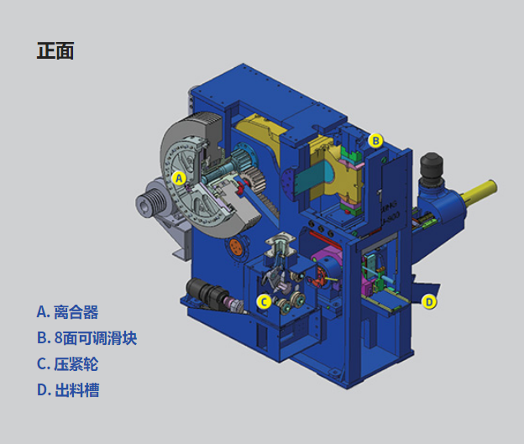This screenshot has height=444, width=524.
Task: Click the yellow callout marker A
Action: pos(179,179)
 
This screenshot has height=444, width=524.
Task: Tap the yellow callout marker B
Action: pos(375,141)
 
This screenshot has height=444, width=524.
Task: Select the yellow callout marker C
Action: pos(264,302)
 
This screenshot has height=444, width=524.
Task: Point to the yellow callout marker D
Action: pos(429,302)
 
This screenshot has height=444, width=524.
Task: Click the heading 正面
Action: pos(55,51)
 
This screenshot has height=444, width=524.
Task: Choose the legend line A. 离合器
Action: pos(67,312)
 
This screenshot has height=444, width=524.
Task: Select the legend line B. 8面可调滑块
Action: pos(86,337)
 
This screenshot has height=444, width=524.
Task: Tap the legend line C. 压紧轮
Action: pos(67,363)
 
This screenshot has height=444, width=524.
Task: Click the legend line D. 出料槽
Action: pos(68,389)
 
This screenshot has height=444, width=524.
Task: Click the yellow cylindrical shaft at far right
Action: pos(479,191)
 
